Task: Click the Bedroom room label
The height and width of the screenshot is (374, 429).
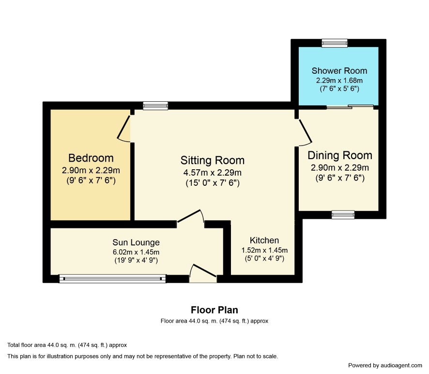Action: (91, 158)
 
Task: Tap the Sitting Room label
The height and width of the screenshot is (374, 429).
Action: (212, 161)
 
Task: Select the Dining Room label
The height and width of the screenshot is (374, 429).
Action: (340, 155)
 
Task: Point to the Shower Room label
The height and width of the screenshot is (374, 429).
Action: (339, 71)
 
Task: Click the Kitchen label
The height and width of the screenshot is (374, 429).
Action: (264, 240)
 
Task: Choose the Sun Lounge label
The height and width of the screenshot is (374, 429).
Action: (136, 243)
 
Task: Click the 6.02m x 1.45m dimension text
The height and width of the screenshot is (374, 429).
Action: (136, 252)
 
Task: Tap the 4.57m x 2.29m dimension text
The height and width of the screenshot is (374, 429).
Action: (212, 173)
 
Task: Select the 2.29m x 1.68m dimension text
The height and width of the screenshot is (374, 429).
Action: (339, 81)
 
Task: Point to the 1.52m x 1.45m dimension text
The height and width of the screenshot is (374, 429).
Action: (264, 250)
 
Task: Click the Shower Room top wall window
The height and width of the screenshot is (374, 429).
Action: (334, 43)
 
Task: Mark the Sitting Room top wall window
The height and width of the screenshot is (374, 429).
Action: (155, 106)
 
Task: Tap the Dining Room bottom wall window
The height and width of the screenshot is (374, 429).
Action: (343, 215)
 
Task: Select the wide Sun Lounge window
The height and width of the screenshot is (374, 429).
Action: (112, 278)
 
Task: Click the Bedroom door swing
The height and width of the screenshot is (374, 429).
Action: (123, 129)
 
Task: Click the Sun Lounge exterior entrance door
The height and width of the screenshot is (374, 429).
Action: (203, 274)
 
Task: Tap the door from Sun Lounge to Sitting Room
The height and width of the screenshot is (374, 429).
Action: (191, 219)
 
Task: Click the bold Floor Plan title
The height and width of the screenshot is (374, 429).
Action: (214, 310)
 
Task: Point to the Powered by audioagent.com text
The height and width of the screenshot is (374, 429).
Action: (385, 365)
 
